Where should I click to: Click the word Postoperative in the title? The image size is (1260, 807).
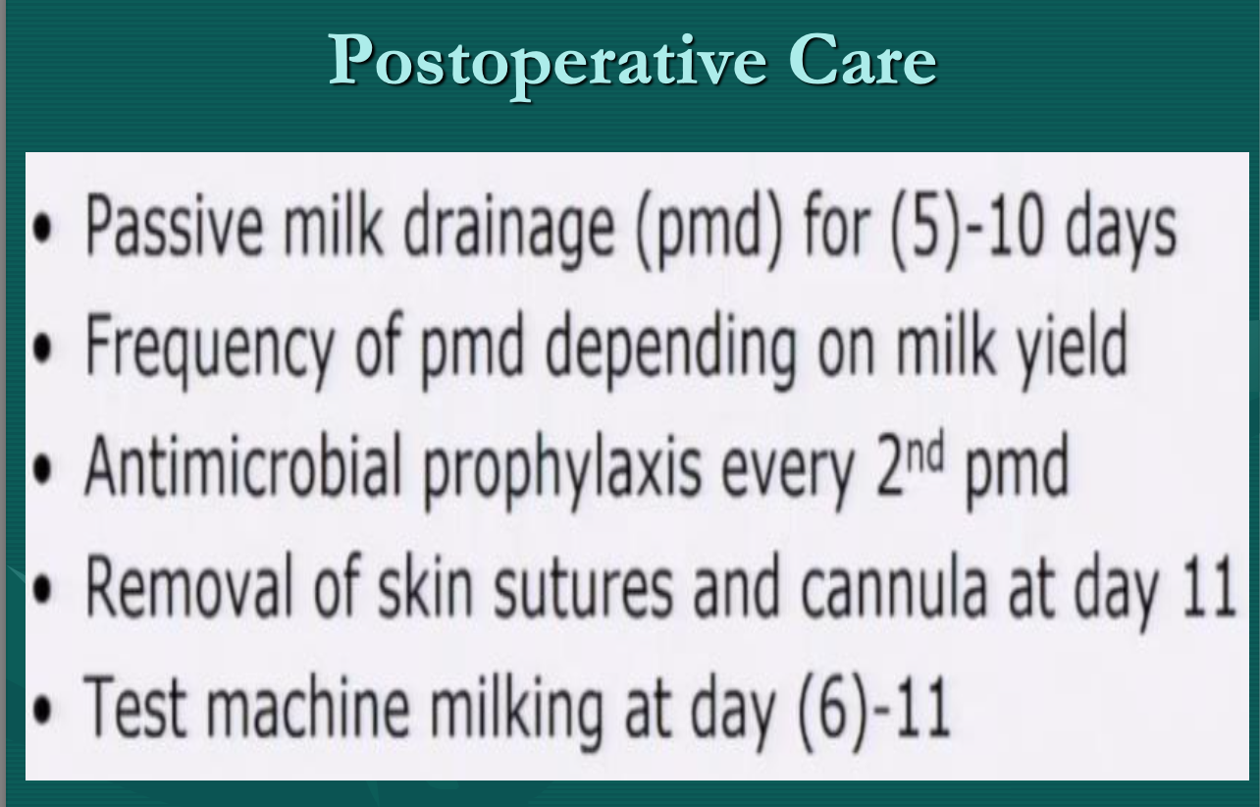pyautogui.click(x=548, y=64)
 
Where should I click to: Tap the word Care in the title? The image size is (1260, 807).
pyautogui.click(x=863, y=60)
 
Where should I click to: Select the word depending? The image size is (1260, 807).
pyautogui.click(x=670, y=349)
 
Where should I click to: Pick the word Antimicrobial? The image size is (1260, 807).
pyautogui.click(x=242, y=466)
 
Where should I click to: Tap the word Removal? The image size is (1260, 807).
pyautogui.click(x=189, y=587)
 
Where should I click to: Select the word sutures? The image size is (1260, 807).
pyautogui.click(x=582, y=592)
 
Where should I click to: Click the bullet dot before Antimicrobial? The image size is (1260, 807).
pyautogui.click(x=42, y=469)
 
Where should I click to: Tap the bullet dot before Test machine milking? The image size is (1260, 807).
pyautogui.click(x=42, y=710)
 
